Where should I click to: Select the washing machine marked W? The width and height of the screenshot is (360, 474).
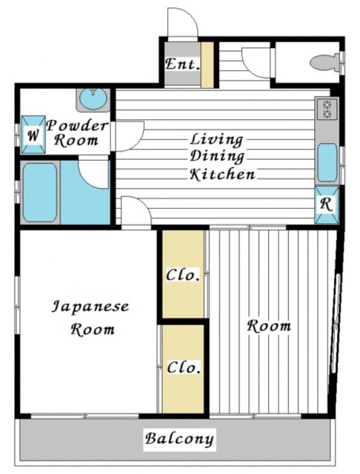coord(33,135)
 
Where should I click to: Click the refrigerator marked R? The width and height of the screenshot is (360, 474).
coord(327,204)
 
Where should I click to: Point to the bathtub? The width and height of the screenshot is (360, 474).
coord(39,193)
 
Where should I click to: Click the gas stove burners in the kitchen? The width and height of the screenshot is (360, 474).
coord(327,109)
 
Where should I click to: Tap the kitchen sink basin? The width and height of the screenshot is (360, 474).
coord(327,162)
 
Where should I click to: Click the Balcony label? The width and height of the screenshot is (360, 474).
coord(179,439)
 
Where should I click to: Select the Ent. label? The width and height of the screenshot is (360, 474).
coord(182,64)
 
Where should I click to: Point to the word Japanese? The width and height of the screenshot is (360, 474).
coord(90,307)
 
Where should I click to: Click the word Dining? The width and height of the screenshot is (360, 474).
coord(217,156)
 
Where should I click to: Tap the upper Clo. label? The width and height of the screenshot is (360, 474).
coord(183,275)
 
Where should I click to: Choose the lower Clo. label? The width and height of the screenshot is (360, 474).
coord(184,367)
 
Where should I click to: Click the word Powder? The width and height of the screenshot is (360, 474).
coord(77,126)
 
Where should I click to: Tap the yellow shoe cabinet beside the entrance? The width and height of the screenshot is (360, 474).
coord(207,65)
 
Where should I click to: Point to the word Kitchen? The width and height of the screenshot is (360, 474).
coord(222,175)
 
